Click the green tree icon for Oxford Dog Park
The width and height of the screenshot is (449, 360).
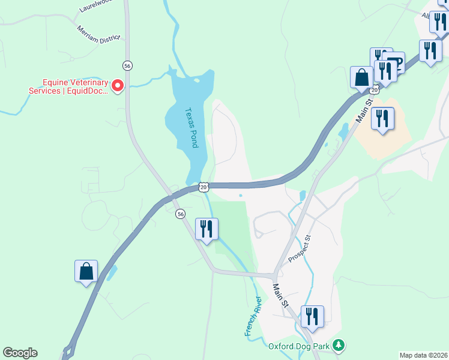click(x=339, y=345)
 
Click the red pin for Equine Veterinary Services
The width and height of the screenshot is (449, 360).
click(x=118, y=86)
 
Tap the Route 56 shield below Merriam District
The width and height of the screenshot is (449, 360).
click(x=127, y=65)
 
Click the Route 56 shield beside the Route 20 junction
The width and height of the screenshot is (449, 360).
click(x=180, y=214)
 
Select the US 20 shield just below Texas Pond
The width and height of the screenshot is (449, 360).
click(x=204, y=187)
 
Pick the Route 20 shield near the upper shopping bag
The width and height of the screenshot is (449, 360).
click(x=375, y=90)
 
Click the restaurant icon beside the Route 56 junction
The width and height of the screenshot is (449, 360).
click(x=206, y=229)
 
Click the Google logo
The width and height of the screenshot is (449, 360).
click(x=20, y=353)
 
